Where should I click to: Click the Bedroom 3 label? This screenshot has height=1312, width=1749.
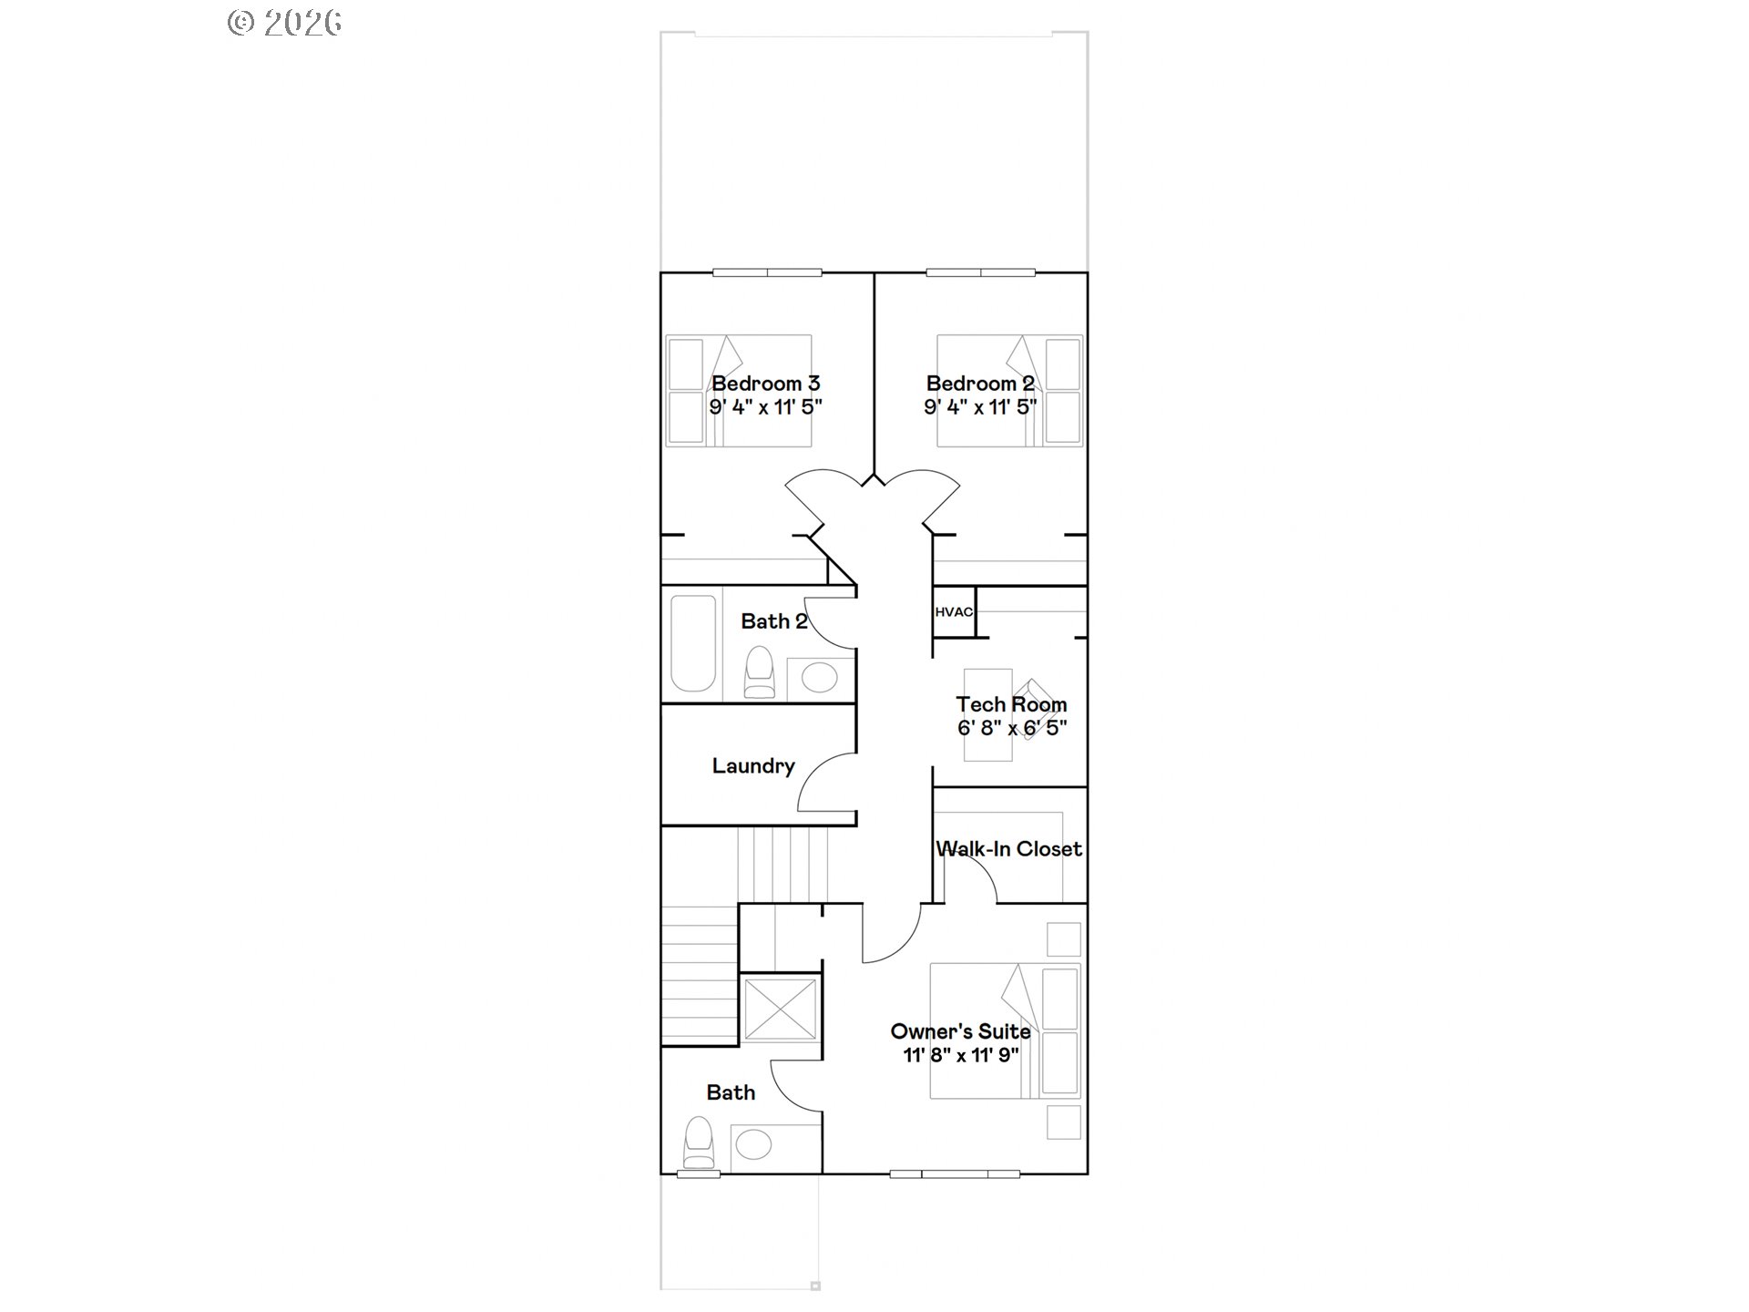tap(765, 384)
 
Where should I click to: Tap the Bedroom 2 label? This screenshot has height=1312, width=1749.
tap(980, 384)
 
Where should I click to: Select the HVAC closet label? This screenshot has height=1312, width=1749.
tap(954, 611)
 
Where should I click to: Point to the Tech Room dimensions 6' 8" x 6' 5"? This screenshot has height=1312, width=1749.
tap(1011, 728)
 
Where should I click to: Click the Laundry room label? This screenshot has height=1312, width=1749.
tap(753, 766)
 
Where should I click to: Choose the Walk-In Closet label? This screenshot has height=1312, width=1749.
tap(1009, 849)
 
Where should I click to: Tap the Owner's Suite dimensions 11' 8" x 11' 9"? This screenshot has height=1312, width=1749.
tap(961, 1055)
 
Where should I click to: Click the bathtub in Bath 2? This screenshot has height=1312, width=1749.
tap(693, 643)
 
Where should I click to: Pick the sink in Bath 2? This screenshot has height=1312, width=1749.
tap(820, 678)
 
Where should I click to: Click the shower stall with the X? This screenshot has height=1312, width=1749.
tap(780, 1008)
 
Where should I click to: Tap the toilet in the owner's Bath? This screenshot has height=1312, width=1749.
tap(699, 1143)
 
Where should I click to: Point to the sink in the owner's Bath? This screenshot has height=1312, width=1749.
tap(753, 1144)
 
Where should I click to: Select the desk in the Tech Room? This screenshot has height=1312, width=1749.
tap(988, 715)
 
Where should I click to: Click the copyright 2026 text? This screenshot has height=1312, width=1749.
tap(284, 23)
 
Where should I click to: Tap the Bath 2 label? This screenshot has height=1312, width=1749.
tap(773, 621)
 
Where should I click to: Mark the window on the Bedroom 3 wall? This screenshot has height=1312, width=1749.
tap(767, 272)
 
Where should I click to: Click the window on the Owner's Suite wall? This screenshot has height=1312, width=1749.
tap(954, 1174)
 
